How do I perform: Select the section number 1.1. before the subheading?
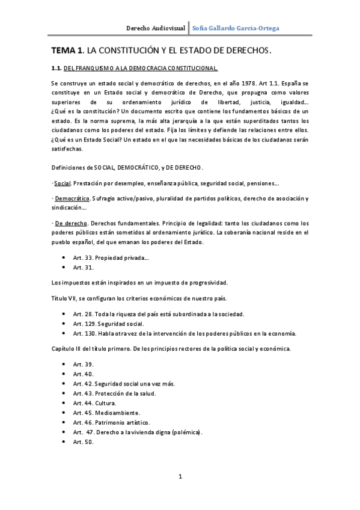[x=56, y=69]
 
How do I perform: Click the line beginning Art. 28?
[x=159, y=314]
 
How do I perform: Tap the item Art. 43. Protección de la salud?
[x=114, y=393]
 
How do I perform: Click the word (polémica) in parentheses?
[x=186, y=432]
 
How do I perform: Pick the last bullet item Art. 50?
[x=84, y=441]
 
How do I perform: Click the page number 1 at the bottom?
[x=180, y=477]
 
